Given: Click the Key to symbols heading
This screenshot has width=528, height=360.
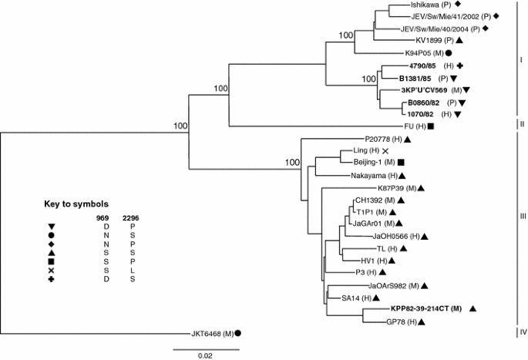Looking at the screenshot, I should [x=76, y=204].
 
